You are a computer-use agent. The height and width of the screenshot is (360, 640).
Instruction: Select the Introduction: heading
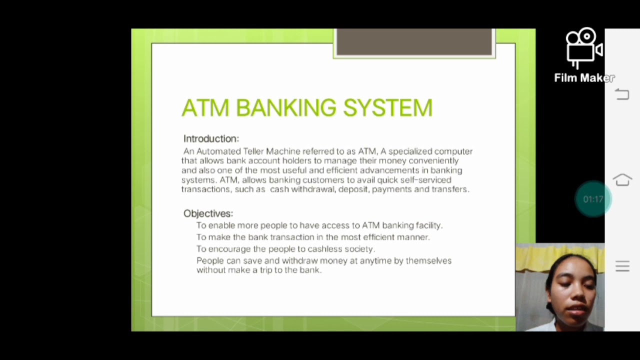(x=211, y=138)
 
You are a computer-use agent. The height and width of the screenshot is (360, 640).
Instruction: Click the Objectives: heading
(x=208, y=213)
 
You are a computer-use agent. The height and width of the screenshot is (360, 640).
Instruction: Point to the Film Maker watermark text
(x=584, y=78)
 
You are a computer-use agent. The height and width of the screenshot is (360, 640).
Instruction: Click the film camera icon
(x=584, y=47)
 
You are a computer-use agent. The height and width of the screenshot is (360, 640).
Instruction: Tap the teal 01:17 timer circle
(x=593, y=199)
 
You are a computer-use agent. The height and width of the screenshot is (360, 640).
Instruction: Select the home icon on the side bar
(x=622, y=180)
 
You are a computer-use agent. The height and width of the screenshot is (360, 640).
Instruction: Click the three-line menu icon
(x=622, y=266)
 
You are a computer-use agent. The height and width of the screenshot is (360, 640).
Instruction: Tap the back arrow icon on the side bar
(x=622, y=94)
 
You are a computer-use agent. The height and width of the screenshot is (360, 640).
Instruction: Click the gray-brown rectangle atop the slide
(x=414, y=42)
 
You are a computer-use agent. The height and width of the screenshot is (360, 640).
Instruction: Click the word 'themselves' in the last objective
(x=428, y=260)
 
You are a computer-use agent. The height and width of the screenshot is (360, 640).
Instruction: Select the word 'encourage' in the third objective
(x=229, y=249)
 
